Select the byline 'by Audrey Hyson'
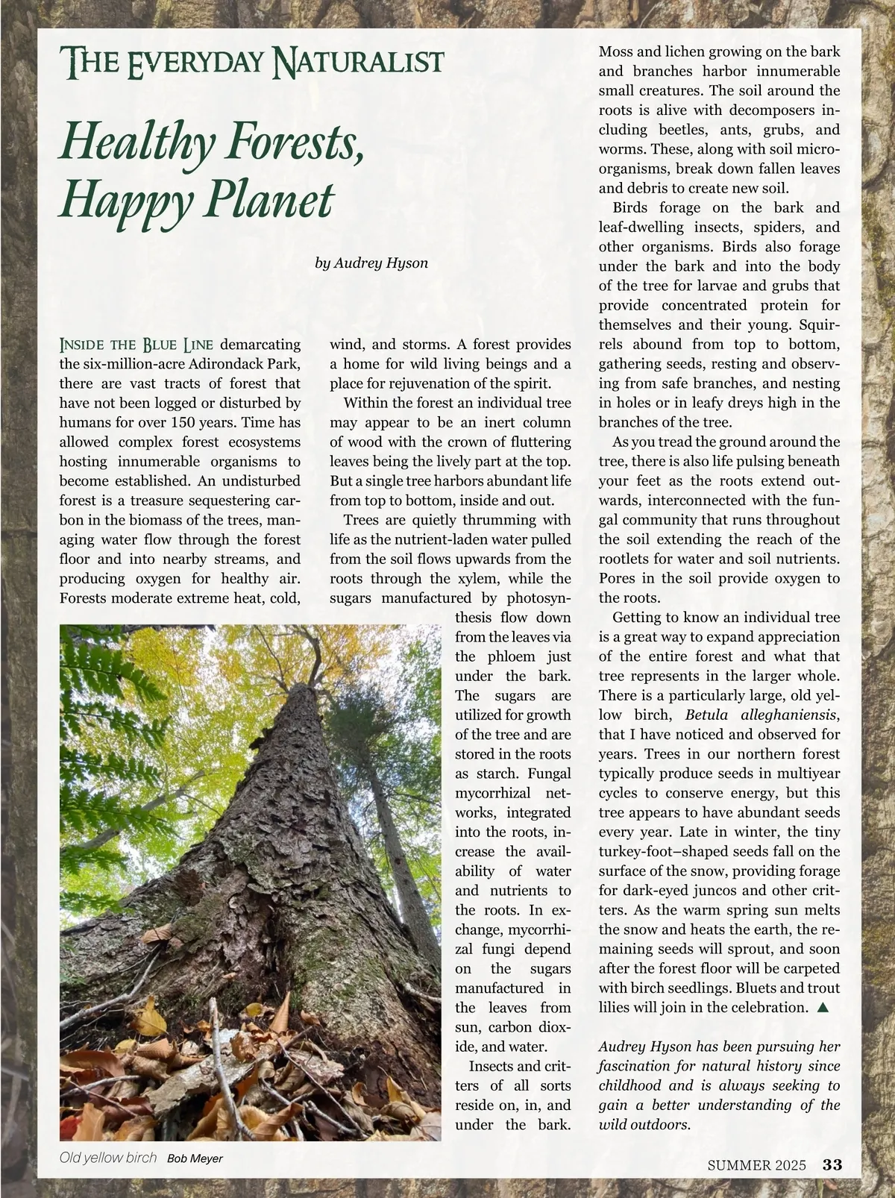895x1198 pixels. pos(371,263)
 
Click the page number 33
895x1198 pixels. pos(832,1164)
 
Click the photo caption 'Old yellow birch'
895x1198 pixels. pos(108,1158)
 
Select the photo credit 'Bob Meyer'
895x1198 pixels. pos(195,1158)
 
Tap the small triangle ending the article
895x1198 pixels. pos(823,1007)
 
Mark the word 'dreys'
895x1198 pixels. pos(750,403)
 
